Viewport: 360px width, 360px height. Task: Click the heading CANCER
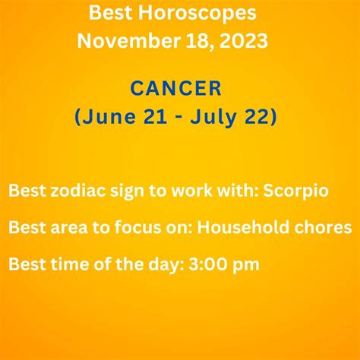tap(175, 89)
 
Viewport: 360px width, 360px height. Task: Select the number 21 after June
tap(149, 117)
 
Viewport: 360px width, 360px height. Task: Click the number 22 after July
tap(258, 117)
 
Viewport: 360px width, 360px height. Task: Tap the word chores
tap(330, 228)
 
